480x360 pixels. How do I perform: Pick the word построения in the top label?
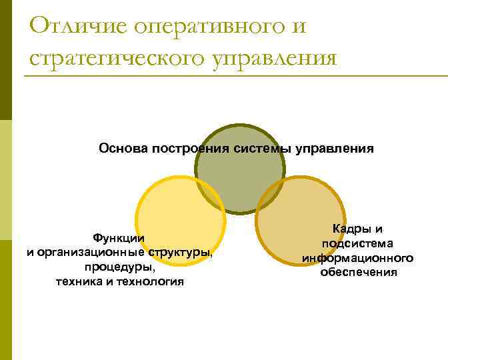click(x=191, y=148)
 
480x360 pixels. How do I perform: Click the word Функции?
click(x=119, y=238)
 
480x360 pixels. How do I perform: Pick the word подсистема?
click(x=357, y=243)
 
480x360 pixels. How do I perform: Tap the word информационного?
click(x=357, y=258)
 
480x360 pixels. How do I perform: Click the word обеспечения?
click(x=358, y=273)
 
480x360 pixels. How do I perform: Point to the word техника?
click(x=77, y=282)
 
